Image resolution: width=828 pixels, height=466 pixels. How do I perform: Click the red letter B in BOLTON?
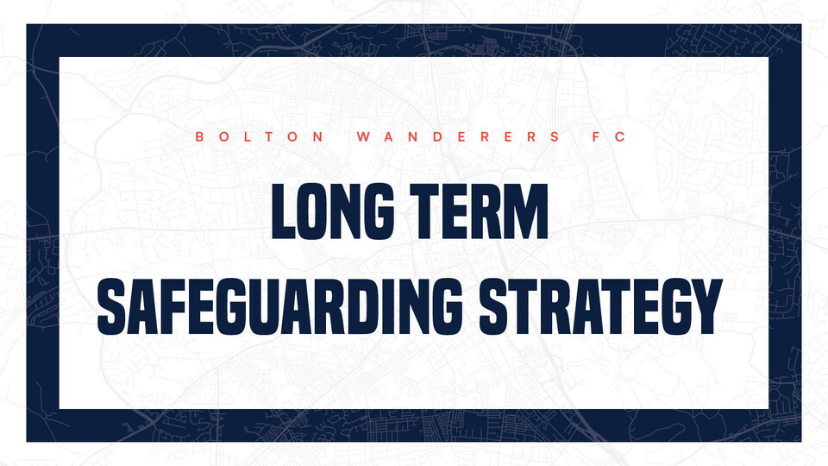tap(199, 137)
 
